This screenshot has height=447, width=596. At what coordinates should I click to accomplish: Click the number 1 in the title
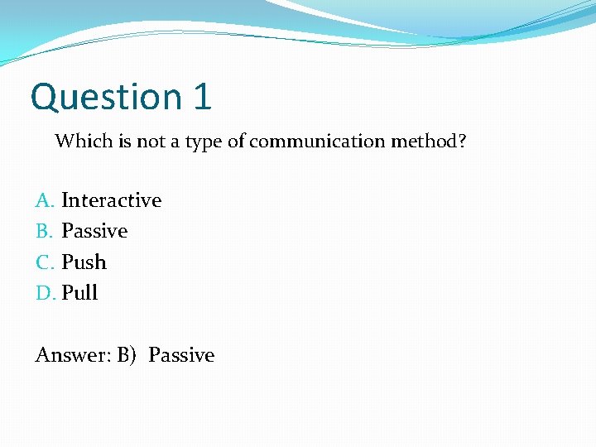pos(203,96)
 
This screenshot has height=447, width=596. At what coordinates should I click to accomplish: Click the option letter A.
pos(45,200)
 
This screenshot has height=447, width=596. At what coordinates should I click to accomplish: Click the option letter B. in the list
pos(45,231)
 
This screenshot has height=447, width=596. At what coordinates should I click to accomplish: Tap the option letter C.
pos(45,262)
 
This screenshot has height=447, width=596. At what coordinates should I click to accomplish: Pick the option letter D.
pos(46,293)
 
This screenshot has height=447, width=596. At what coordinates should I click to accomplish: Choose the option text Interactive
pos(112,200)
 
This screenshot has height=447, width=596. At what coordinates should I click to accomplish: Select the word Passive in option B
pos(94,231)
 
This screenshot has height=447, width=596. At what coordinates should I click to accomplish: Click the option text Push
pos(84,262)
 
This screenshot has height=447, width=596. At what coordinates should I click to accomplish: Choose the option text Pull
pos(79,293)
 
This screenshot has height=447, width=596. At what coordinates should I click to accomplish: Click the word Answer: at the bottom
pos(72,355)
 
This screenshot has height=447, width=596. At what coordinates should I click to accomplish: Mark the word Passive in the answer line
pos(181,355)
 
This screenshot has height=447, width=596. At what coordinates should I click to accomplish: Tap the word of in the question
pos(236,141)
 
